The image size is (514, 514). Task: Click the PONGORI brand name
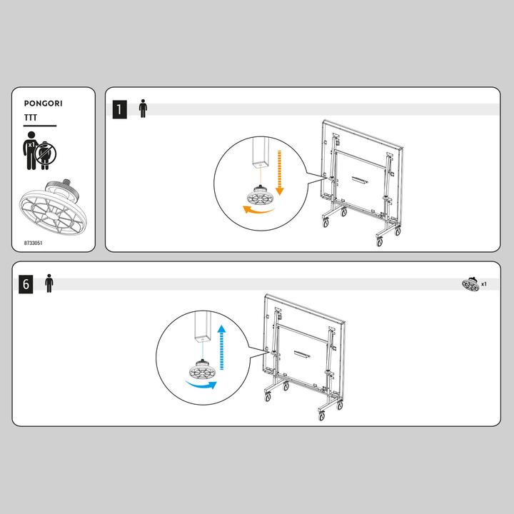pos(43,104)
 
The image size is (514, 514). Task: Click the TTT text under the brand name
pos(31,117)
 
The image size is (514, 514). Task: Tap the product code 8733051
pos(33,243)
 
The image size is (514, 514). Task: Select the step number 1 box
pos(120,109)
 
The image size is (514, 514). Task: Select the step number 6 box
pos(26,284)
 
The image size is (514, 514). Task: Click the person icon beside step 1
pos(143,109)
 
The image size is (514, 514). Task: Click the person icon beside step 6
pos(49,283)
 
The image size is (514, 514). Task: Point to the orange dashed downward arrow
pos(279,173)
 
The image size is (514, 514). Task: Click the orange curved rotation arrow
pos(258,210)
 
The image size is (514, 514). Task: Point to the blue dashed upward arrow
pos(221,348)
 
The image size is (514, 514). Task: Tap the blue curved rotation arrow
pos(201,385)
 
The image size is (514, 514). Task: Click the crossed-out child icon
pos(46,154)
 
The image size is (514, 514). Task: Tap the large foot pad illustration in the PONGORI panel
pos(53,208)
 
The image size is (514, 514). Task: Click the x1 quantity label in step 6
pos(484,284)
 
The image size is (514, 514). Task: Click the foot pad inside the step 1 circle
pos(260,196)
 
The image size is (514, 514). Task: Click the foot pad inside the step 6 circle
pos(202,369)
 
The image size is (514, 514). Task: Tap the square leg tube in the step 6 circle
pos(203,327)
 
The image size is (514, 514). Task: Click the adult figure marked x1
pos(31,151)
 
